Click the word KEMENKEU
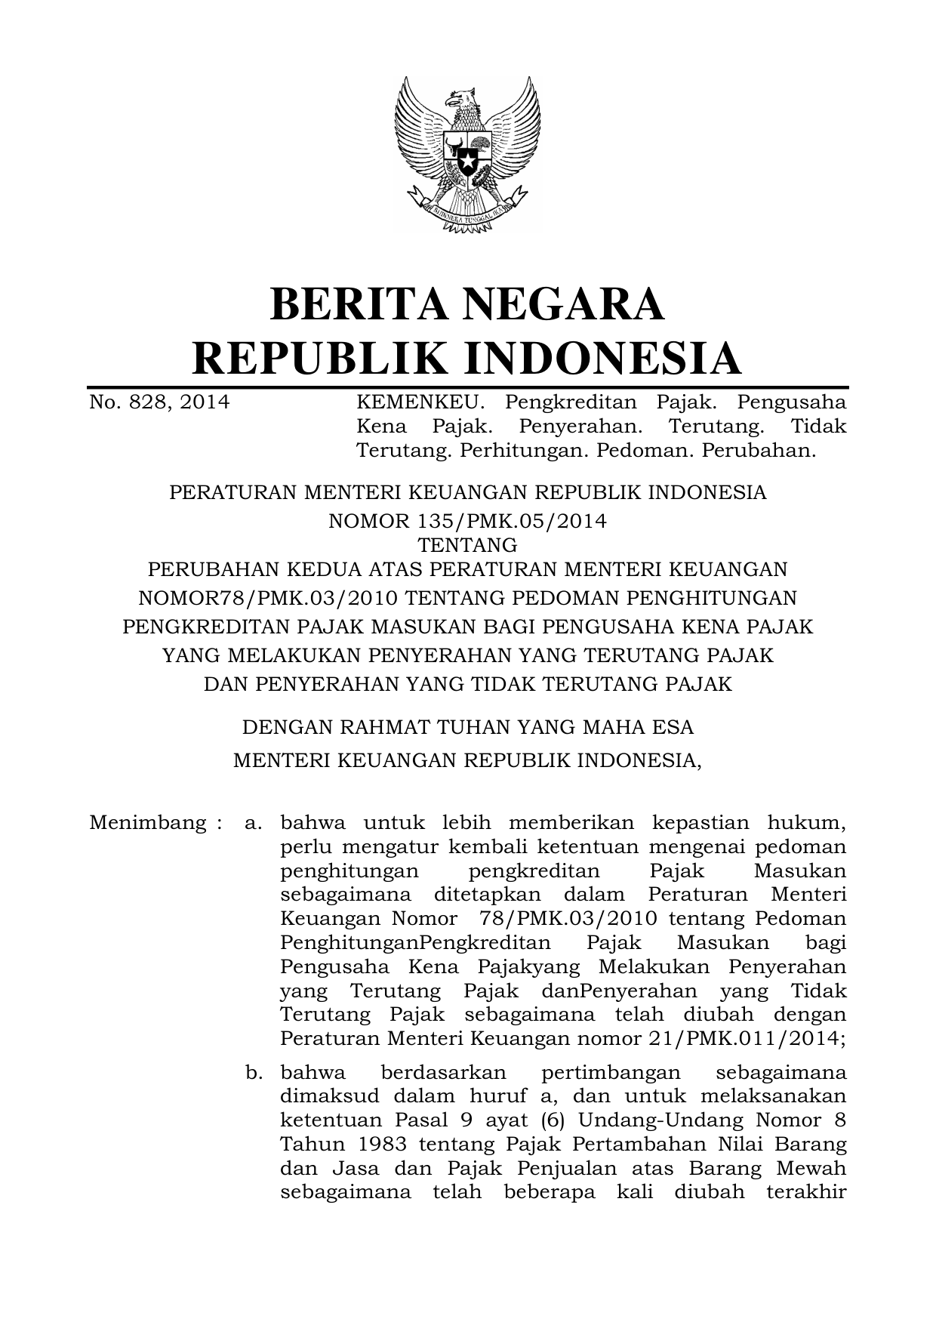point(419,402)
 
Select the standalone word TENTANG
point(467,545)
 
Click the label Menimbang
point(148,823)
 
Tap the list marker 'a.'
point(253,823)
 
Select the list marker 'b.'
point(253,1073)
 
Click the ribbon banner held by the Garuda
point(467,211)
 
